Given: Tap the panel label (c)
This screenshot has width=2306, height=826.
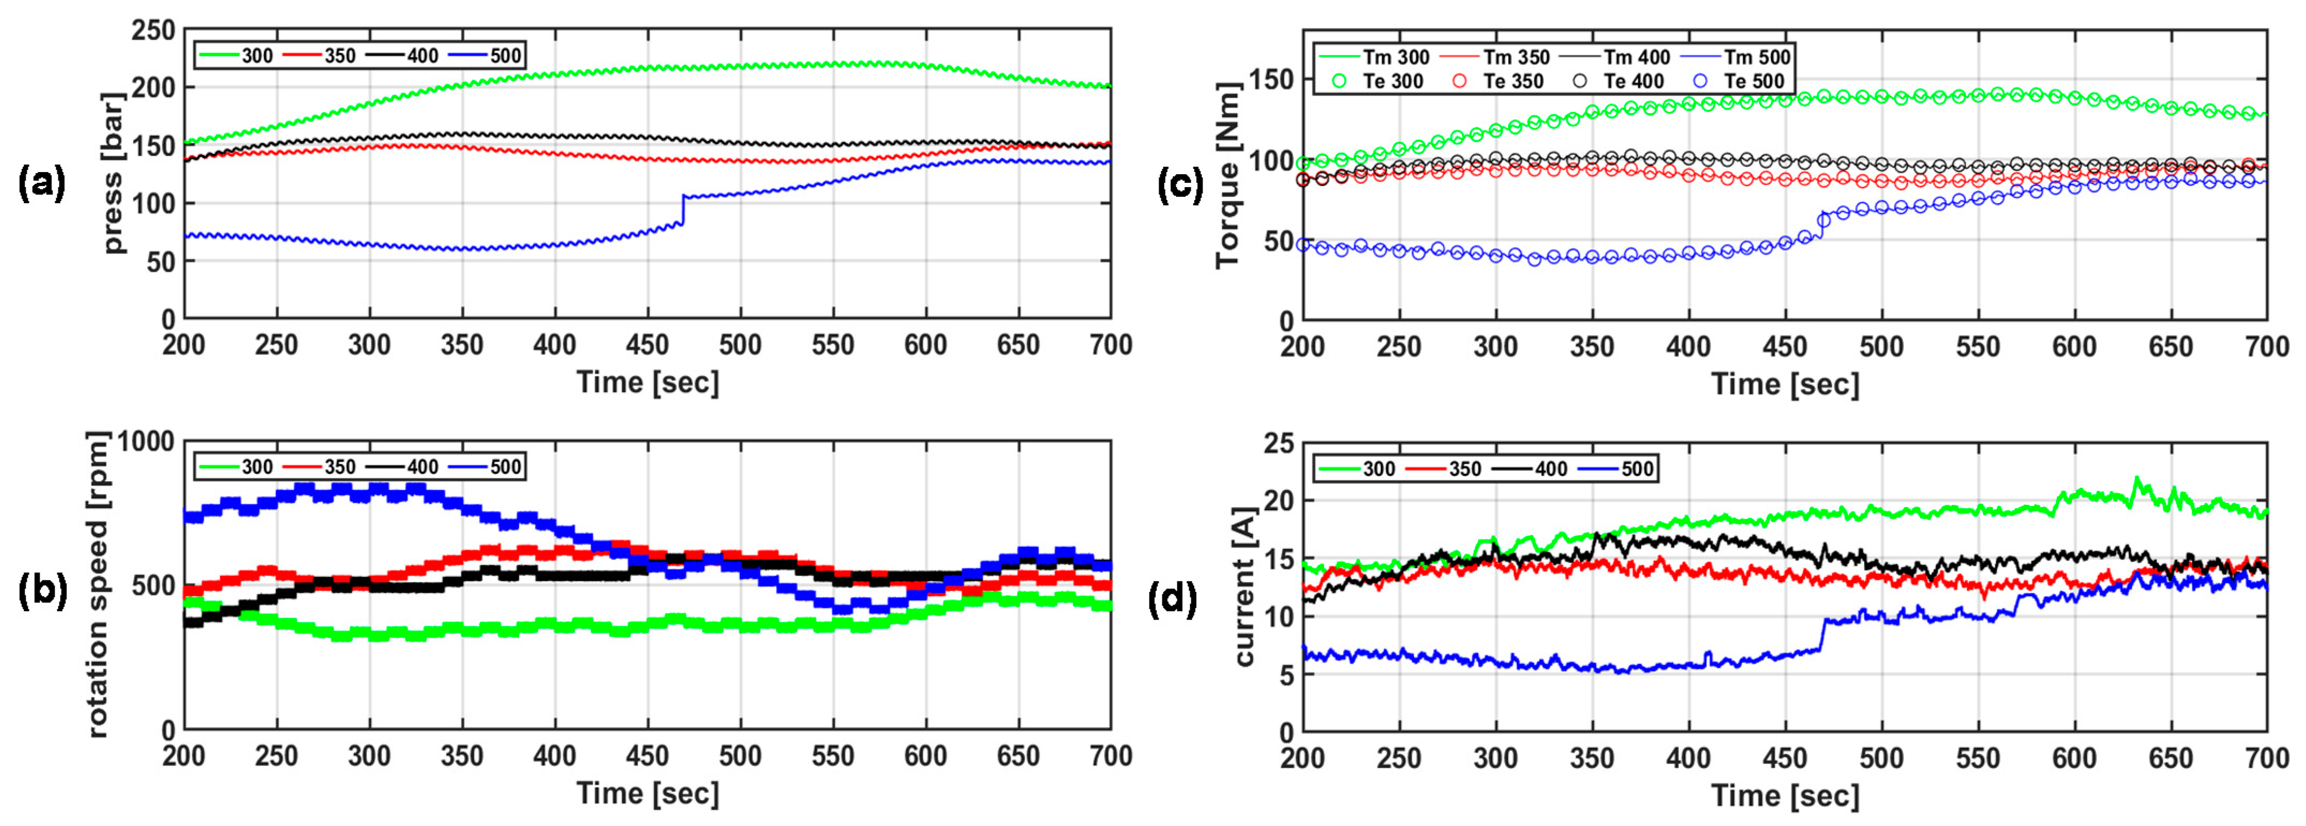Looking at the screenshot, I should [1180, 186].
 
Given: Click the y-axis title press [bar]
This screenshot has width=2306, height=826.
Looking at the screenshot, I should [114, 172].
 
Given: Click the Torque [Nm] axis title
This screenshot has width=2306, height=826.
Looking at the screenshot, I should [1228, 175].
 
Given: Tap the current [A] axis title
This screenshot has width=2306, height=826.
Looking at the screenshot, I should [1244, 586].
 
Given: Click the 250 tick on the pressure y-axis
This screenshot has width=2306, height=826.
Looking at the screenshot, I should [153, 31].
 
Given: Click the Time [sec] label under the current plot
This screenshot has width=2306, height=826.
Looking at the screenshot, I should [1785, 795].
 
